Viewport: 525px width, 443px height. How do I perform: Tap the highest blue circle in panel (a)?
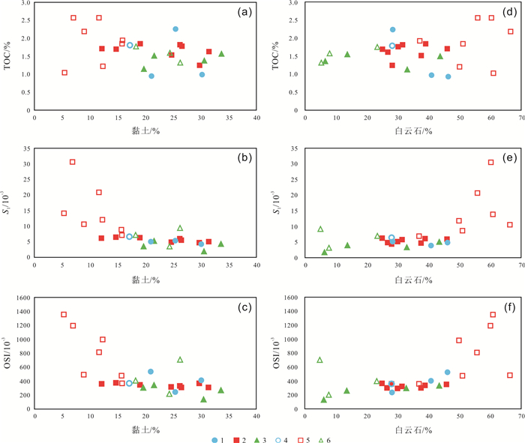pyautogui.click(x=175, y=29)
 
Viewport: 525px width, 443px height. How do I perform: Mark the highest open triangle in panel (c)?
pyautogui.click(x=180, y=360)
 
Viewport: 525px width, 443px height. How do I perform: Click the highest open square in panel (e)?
pyautogui.click(x=491, y=162)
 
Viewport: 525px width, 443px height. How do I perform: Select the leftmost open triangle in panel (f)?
pyautogui.click(x=320, y=360)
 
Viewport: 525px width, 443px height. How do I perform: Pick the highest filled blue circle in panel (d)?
pyautogui.click(x=392, y=30)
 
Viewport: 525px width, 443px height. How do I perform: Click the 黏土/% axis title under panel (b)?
pyautogui.click(x=145, y=278)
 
